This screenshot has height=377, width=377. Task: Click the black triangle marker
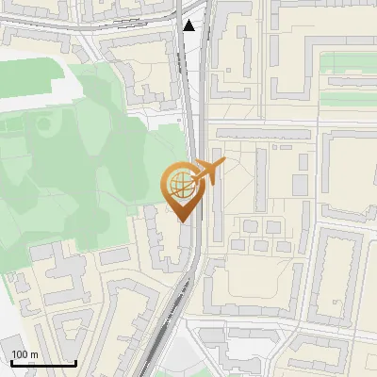click(x=189, y=25)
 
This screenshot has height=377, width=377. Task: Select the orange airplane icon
click(x=208, y=172)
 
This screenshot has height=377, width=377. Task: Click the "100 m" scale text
click(x=25, y=354)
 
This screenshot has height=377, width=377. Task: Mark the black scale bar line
click(x=43, y=363)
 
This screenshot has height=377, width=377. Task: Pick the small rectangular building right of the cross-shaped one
click(x=113, y=255)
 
